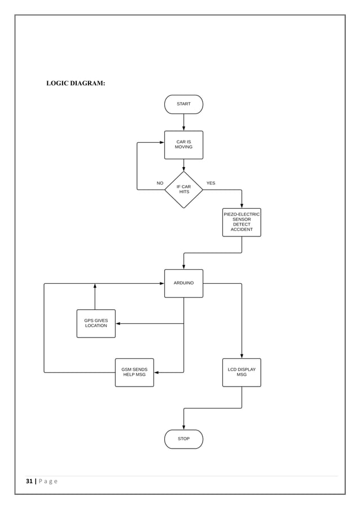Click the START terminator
pos(183,104)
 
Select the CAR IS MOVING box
pos(183,145)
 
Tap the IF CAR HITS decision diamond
pos(183,190)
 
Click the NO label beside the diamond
pos(160,183)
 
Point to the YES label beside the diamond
pos(210,183)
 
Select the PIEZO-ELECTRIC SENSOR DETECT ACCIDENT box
pos(242,222)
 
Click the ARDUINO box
pos(183,283)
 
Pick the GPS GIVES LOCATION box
pos(96,323)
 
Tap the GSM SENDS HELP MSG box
pos(134,372)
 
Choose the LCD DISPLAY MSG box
pos(242,372)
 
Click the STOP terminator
pos(183,439)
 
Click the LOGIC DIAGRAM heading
pos(76,84)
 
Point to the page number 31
pos(29,481)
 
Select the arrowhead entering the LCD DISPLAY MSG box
pos(242,356)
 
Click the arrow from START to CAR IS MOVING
pos(183,122)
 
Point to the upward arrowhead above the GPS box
pos(95,286)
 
